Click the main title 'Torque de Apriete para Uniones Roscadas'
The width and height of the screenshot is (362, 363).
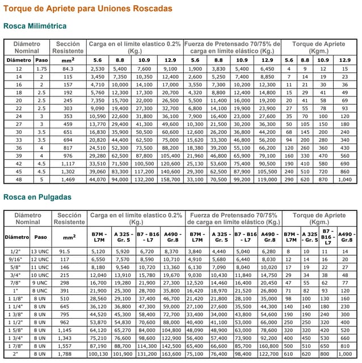87,9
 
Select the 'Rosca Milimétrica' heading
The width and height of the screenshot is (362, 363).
35,26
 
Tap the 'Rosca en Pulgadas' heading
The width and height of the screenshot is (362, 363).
37,197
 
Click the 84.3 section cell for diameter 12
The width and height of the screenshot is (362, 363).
68,69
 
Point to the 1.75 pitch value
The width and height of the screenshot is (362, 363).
41,69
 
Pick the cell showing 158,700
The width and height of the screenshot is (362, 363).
170,179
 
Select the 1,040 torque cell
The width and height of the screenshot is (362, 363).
344,179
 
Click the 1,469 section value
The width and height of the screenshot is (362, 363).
68,179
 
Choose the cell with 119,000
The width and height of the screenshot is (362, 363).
267,179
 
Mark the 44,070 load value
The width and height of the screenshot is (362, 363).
98,179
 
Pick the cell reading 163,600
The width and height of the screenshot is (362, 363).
171,353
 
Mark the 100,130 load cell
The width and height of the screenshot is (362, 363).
98,353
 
